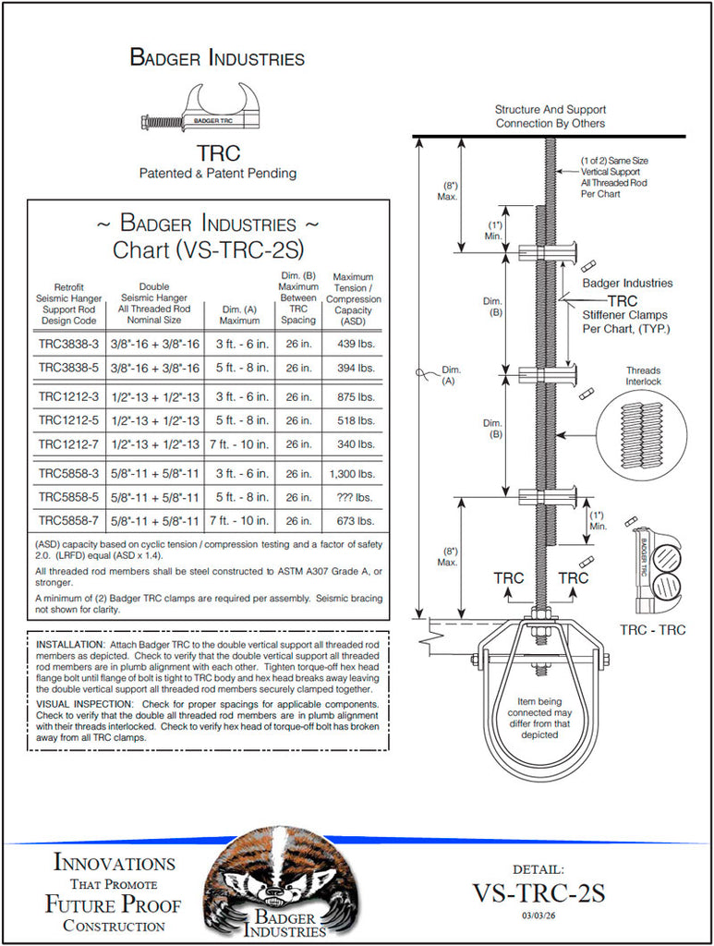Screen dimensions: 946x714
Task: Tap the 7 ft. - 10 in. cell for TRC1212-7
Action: click(x=239, y=444)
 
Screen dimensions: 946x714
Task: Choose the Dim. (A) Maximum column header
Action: click(x=239, y=315)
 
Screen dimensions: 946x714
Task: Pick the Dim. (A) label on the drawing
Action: click(x=450, y=376)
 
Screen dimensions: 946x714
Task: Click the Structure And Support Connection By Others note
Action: click(x=550, y=116)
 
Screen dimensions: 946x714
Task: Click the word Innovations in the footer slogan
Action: click(x=115, y=863)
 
